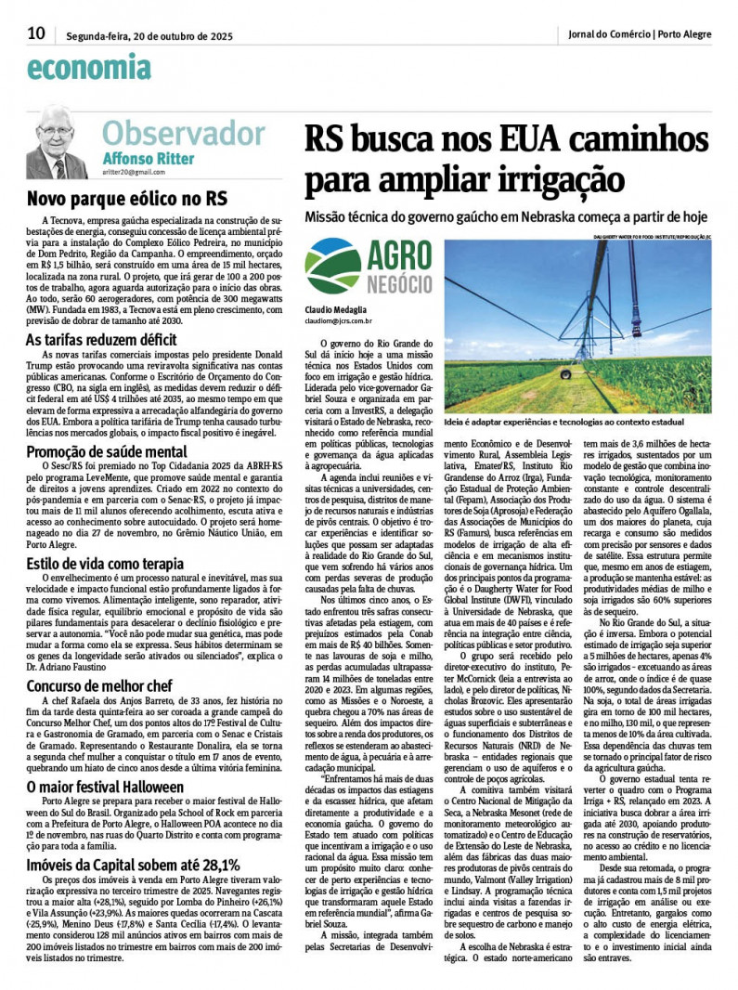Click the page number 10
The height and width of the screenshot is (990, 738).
click(x=36, y=33)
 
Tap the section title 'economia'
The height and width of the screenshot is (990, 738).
click(x=89, y=67)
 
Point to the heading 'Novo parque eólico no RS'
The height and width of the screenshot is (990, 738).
click(x=126, y=198)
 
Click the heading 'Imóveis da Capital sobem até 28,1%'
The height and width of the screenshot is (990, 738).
click(x=133, y=865)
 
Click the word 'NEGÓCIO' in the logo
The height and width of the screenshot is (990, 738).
click(x=399, y=284)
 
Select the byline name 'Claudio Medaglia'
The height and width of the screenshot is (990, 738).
click(x=335, y=308)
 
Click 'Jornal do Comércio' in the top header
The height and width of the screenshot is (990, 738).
click(x=609, y=34)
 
